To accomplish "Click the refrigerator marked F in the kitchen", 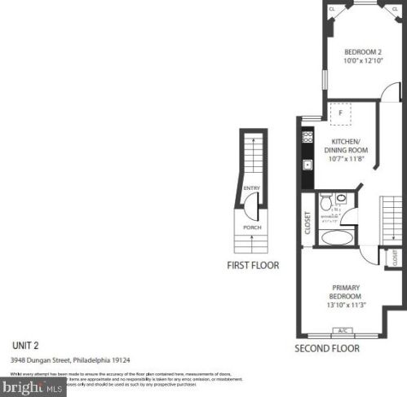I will pos(340,113).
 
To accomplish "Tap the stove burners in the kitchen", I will pos(307,138).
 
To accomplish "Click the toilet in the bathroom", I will pos(325,201).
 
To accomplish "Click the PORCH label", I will pos(252,227).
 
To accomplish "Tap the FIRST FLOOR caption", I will pos(252,265).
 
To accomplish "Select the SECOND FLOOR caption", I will pos(327,348).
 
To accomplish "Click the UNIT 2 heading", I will pos(26,343).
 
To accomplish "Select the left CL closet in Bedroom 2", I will pos(332,10).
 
